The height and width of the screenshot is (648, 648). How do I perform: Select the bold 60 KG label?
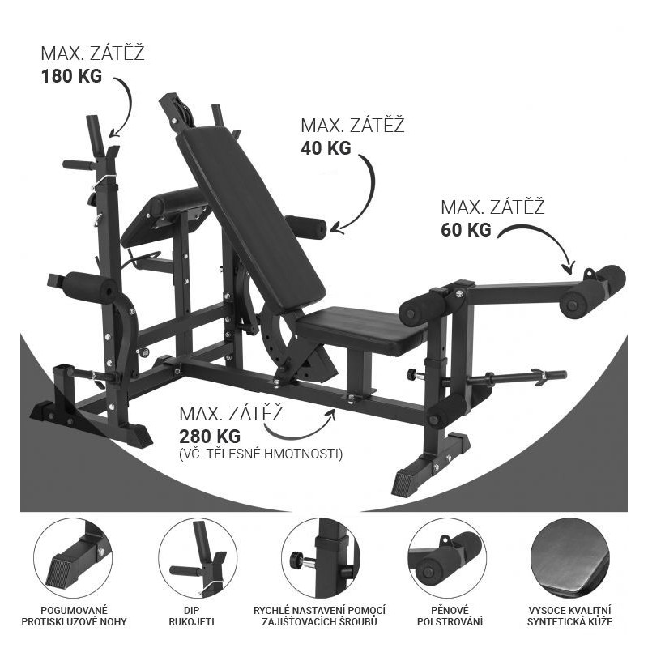tap(467, 229)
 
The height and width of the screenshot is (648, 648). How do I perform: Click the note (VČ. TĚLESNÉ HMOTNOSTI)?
tap(261, 454)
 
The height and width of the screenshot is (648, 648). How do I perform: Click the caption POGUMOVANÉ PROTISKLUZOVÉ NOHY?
tap(74, 616)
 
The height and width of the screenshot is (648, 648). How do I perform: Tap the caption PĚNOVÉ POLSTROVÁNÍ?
tap(450, 616)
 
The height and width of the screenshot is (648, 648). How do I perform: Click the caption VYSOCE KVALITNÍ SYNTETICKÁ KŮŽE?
tap(570, 616)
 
